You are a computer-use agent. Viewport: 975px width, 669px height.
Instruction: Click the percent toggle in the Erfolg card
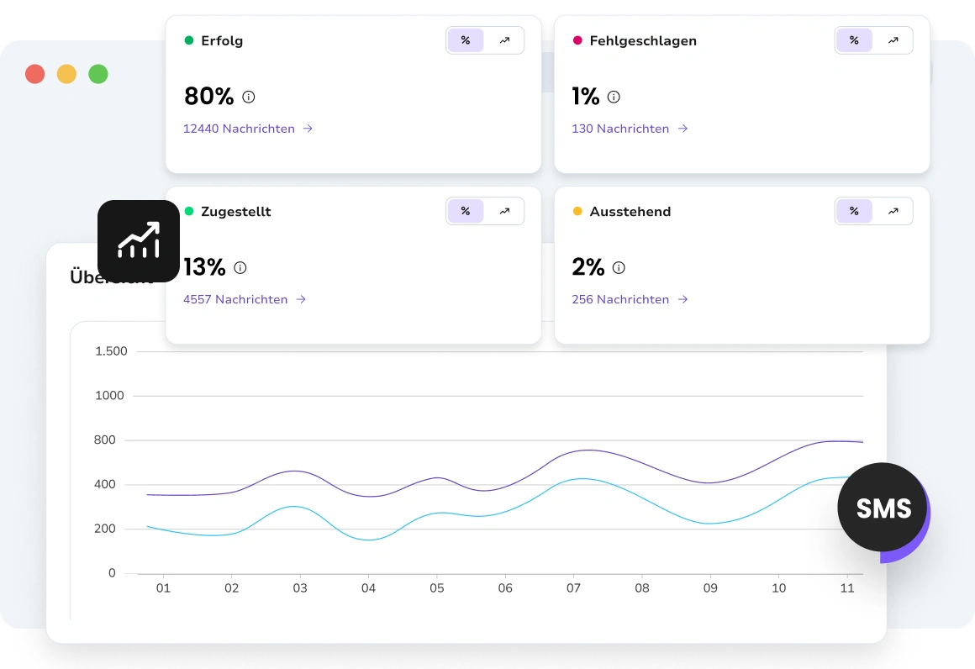tap(466, 40)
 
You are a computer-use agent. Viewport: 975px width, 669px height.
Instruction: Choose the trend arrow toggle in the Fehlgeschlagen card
tap(893, 40)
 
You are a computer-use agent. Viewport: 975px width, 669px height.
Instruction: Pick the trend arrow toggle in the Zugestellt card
tap(504, 211)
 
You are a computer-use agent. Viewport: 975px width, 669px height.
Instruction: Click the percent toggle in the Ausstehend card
tap(854, 211)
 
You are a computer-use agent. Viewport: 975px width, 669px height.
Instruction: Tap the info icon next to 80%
tap(249, 97)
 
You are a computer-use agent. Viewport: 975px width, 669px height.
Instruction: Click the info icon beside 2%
tap(619, 268)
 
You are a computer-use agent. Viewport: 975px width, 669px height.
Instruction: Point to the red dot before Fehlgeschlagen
tap(577, 40)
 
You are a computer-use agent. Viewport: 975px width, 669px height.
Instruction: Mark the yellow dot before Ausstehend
tap(577, 211)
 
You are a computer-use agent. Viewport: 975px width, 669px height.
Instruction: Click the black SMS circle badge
tap(883, 508)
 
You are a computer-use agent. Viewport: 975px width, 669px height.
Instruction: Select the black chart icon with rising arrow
tap(139, 240)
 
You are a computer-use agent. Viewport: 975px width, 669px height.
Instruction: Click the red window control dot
tap(34, 74)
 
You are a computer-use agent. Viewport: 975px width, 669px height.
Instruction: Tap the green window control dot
tap(98, 74)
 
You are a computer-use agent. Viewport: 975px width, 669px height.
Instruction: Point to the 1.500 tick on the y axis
tap(111, 351)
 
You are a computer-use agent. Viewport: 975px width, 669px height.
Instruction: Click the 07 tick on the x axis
tap(573, 588)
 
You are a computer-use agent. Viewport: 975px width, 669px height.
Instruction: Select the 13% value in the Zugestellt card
tap(204, 267)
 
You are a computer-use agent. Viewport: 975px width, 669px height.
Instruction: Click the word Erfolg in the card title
tap(222, 40)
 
